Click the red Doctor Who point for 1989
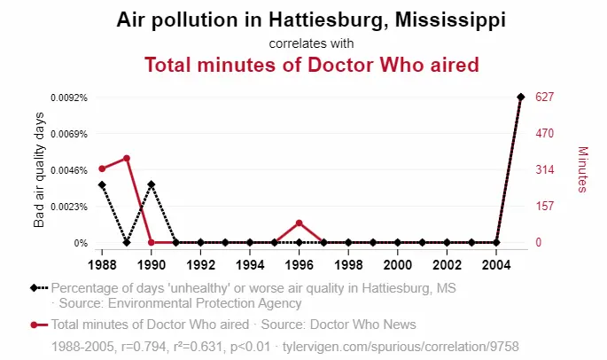pyautogui.click(x=127, y=158)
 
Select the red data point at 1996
pyautogui.click(x=299, y=223)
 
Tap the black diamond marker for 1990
pyautogui.click(x=152, y=184)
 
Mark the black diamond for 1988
pyautogui.click(x=102, y=184)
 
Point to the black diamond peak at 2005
pyautogui.click(x=521, y=97)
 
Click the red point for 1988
pyautogui.click(x=102, y=168)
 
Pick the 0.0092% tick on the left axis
pyautogui.click(x=69, y=98)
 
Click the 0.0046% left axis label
pyautogui.click(x=69, y=170)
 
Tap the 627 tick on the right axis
pyautogui.click(x=545, y=97)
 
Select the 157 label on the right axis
pyautogui.click(x=545, y=206)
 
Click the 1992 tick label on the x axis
pyautogui.click(x=200, y=265)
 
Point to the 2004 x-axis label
pyautogui.click(x=496, y=265)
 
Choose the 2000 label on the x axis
pyautogui.click(x=398, y=265)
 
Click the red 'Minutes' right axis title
pyautogui.click(x=582, y=169)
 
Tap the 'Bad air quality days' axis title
pyautogui.click(x=39, y=169)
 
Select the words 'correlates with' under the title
pyautogui.click(x=311, y=43)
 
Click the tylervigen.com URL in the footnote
pyautogui.click(x=401, y=346)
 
